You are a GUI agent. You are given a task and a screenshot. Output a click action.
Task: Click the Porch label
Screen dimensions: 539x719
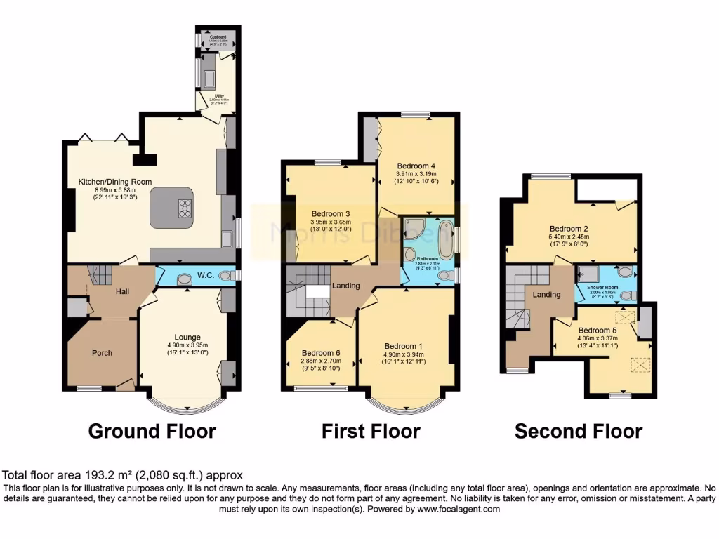pyautogui.click(x=103, y=352)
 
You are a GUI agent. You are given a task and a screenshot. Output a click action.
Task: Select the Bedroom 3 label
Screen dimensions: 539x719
pyautogui.click(x=331, y=213)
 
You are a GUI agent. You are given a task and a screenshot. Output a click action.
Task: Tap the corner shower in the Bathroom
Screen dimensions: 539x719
pyautogui.click(x=414, y=228)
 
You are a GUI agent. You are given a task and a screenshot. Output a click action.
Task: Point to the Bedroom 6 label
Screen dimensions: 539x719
pyautogui.click(x=321, y=352)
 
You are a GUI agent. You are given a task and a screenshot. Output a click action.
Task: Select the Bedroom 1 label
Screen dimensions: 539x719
pyautogui.click(x=404, y=345)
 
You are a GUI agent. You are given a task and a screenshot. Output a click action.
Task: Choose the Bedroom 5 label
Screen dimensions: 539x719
pyautogui.click(x=598, y=330)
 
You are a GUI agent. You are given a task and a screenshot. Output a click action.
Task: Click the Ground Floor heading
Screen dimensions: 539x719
pyautogui.click(x=152, y=430)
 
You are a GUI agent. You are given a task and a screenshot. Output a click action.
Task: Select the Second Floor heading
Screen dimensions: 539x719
pyautogui.click(x=578, y=430)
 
